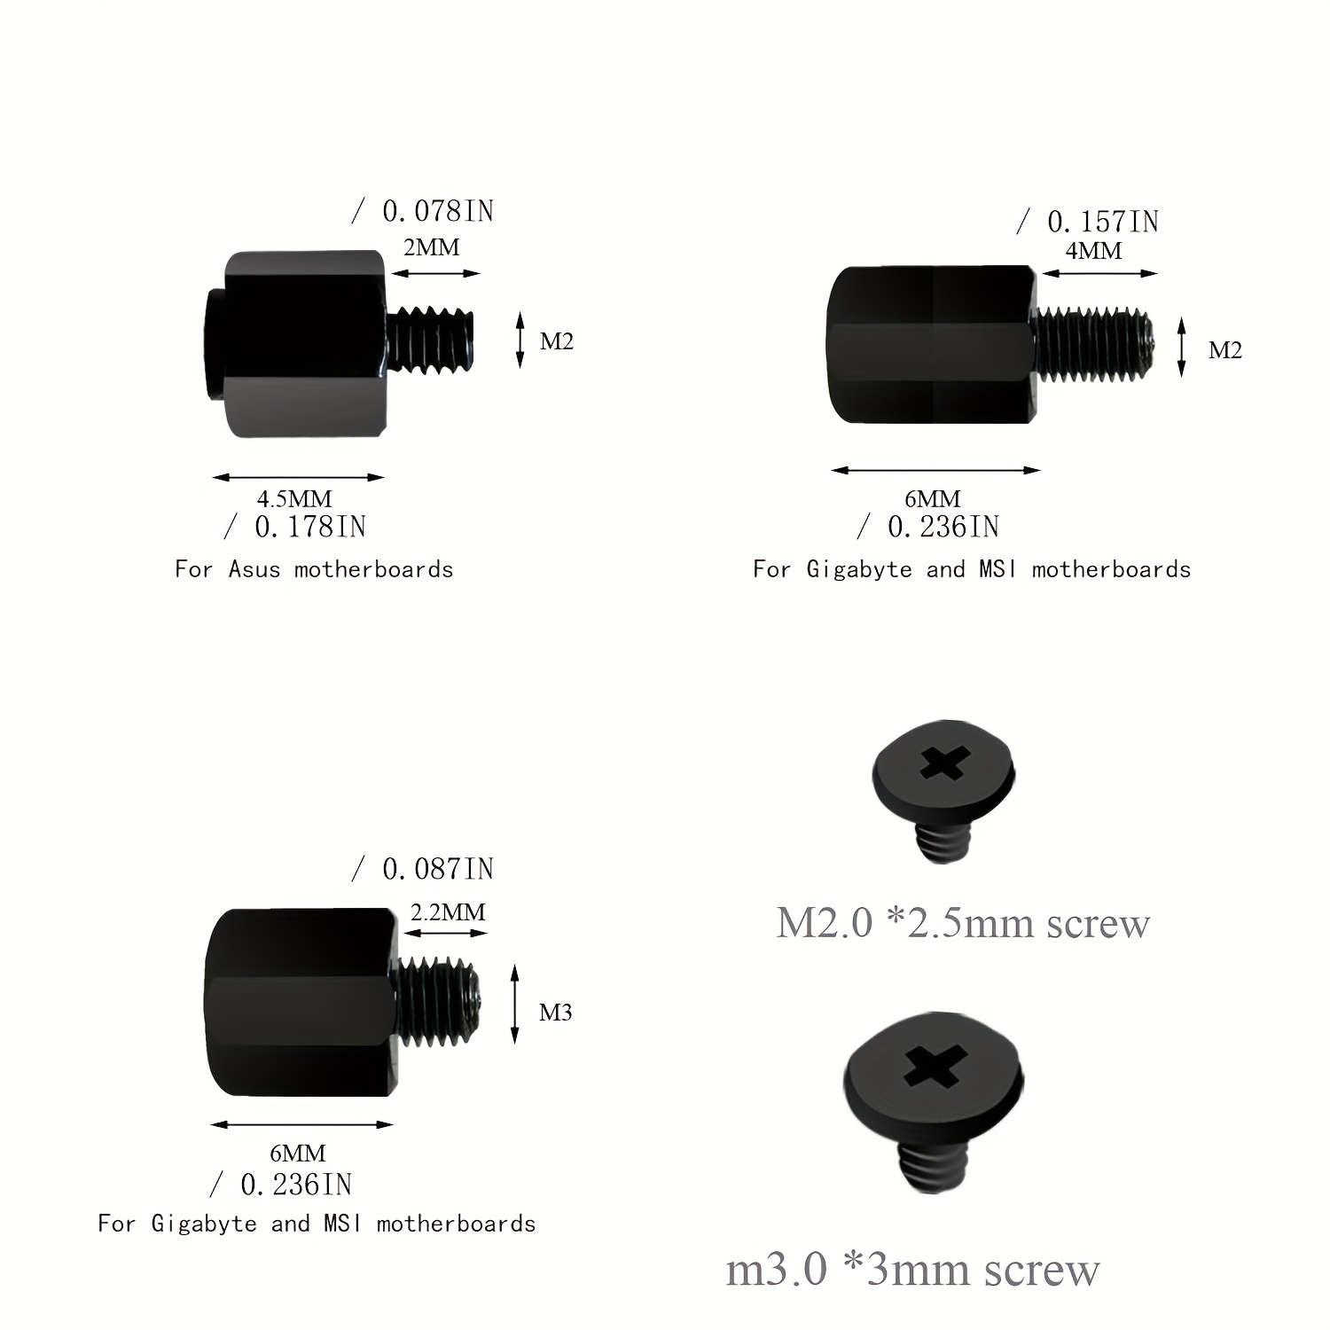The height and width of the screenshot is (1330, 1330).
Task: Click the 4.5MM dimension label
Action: [294, 499]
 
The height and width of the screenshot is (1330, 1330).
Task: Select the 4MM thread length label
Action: [1093, 251]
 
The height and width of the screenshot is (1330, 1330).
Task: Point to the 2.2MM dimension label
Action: [448, 911]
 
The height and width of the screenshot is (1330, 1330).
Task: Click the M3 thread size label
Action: [556, 1013]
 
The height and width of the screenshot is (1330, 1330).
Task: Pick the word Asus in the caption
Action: [254, 569]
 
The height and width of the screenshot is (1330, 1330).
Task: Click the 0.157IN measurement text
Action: [1103, 222]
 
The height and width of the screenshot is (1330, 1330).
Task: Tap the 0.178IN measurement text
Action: [310, 527]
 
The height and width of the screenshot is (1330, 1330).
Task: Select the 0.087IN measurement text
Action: [438, 869]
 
